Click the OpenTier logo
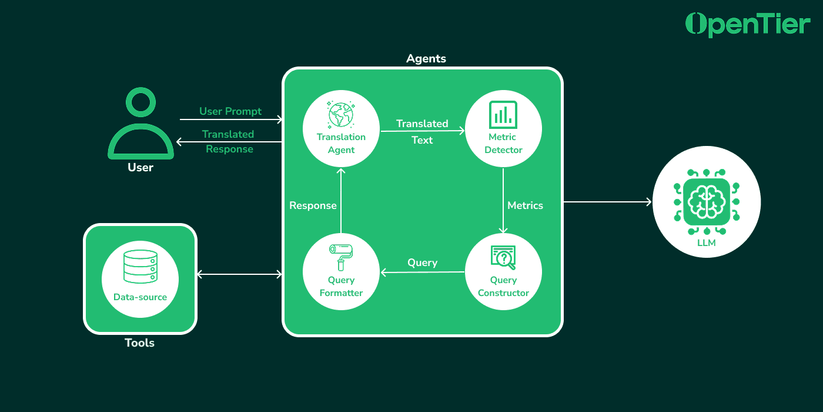[x=748, y=24]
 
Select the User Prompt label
[x=230, y=111]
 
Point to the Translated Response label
[x=229, y=142]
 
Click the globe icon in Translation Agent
[x=341, y=114]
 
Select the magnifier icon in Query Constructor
[x=503, y=257]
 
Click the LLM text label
[x=706, y=242]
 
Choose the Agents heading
[x=426, y=59]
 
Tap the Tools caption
[x=140, y=343]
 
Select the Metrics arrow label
[x=525, y=205]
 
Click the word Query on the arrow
[x=422, y=263]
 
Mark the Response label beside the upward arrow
[x=313, y=205]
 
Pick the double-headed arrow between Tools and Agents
[x=239, y=274]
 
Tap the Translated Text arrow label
[x=422, y=132]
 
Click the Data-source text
[x=140, y=297]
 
